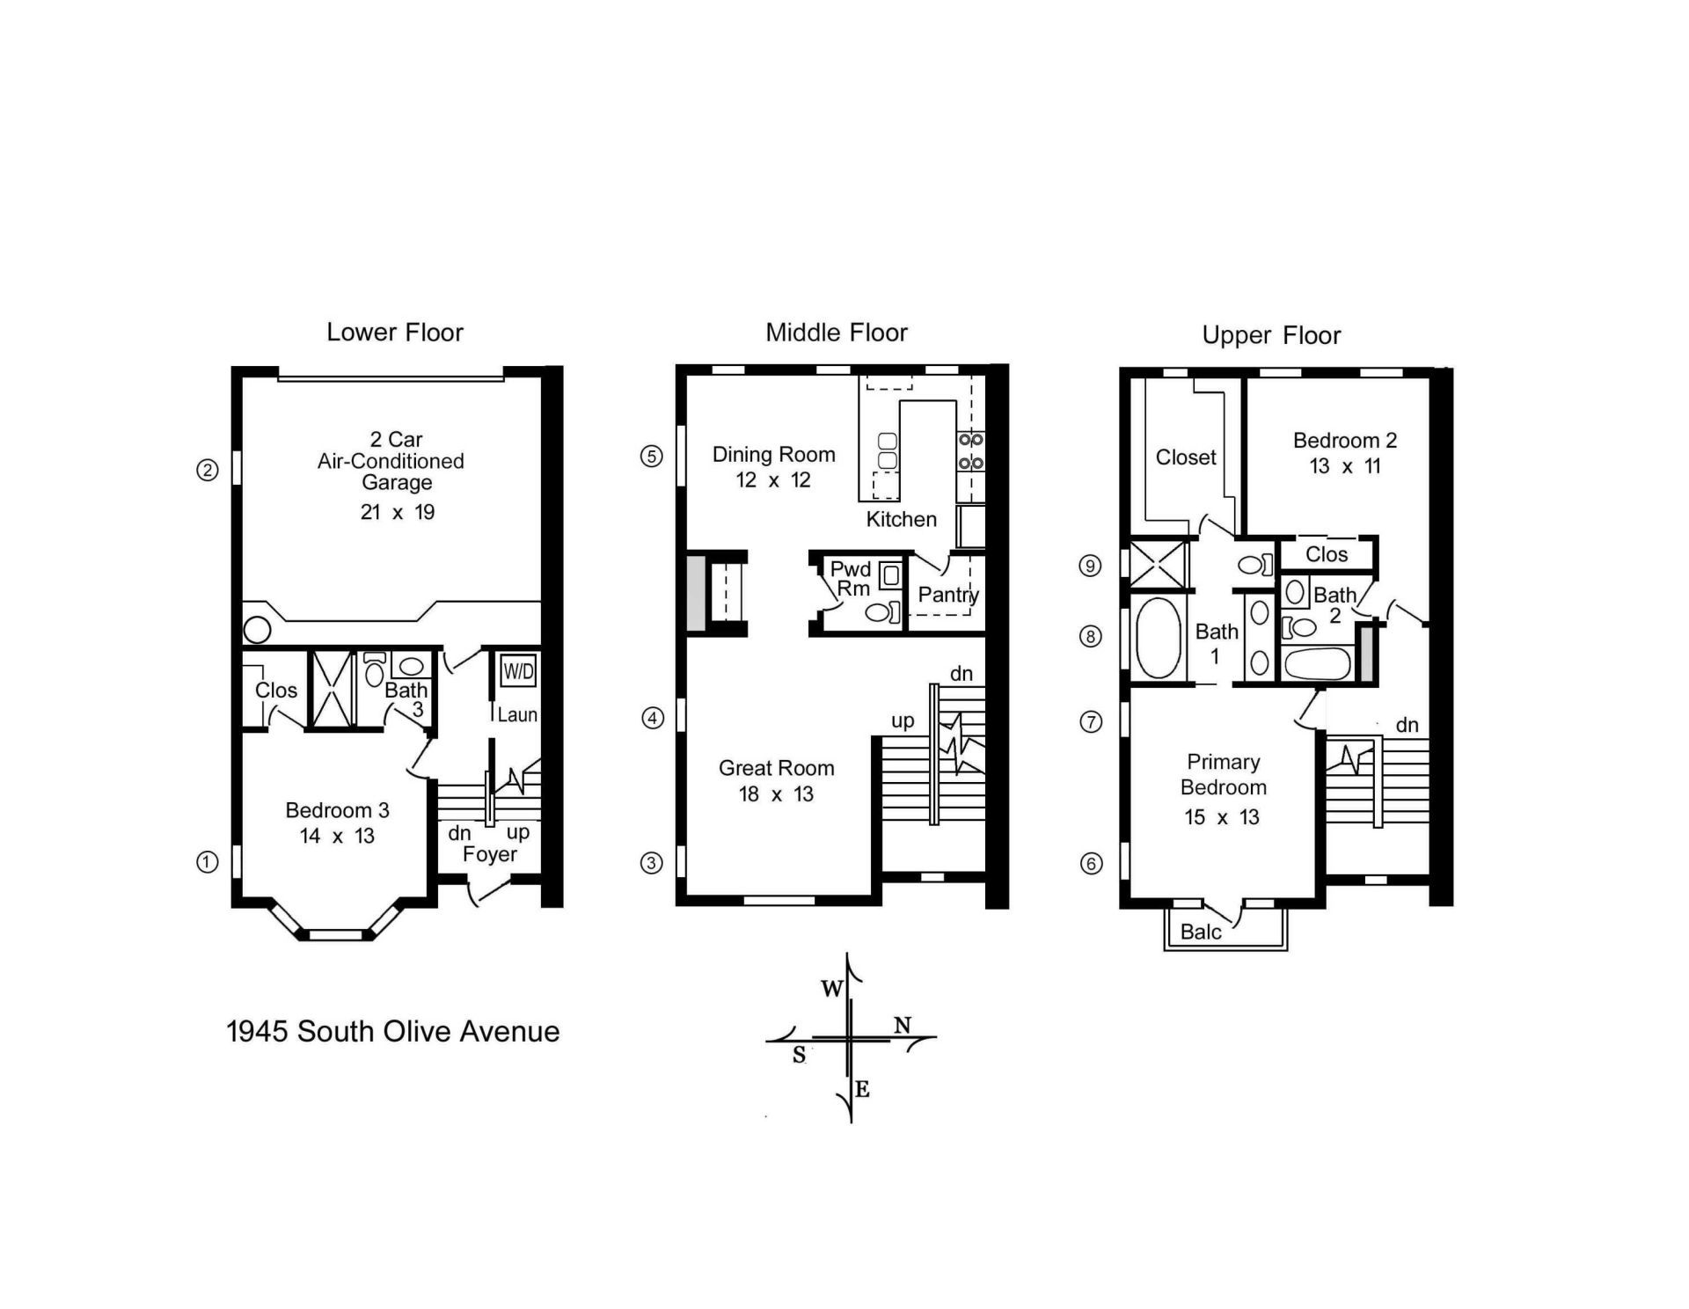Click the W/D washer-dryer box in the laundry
click(518, 672)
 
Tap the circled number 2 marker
click(207, 471)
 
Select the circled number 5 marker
click(651, 456)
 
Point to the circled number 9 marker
click(1090, 566)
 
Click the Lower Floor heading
click(394, 333)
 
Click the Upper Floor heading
click(1270, 335)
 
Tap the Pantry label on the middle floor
click(947, 595)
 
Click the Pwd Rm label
click(851, 579)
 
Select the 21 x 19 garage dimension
click(398, 512)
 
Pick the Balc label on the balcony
click(1201, 932)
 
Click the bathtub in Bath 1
click(1158, 639)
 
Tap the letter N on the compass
click(903, 1025)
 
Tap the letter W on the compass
click(831, 989)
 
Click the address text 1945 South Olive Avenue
click(393, 1031)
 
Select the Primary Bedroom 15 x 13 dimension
click(1222, 817)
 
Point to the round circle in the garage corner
click(257, 629)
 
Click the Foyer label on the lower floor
click(490, 854)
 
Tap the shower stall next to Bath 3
click(333, 690)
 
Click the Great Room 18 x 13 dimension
click(776, 794)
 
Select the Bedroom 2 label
click(1344, 441)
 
